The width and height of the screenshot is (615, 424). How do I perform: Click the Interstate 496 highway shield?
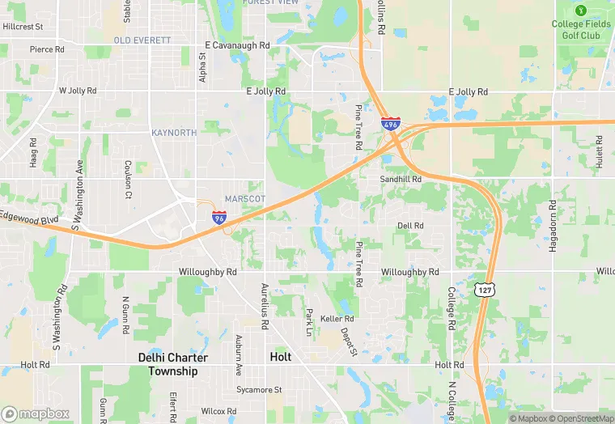click(x=390, y=124)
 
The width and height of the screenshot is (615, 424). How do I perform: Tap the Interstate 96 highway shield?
click(x=218, y=216)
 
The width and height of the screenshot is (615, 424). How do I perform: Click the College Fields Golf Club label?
click(x=581, y=30)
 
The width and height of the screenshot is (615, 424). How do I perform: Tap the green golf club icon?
click(x=580, y=10)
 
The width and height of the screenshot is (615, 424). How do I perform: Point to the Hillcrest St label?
click(x=23, y=27)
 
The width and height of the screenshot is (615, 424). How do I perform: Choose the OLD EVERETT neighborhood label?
click(x=142, y=40)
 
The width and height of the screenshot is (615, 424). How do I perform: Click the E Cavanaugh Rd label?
click(x=237, y=45)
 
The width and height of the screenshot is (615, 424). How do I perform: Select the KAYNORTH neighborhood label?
click(x=174, y=132)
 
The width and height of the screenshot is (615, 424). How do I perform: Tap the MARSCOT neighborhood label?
click(x=245, y=198)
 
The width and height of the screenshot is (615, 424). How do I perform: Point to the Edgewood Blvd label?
click(x=30, y=218)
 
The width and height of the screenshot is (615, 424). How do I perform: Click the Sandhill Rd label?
click(x=401, y=179)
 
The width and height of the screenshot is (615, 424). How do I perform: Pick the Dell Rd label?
click(x=410, y=226)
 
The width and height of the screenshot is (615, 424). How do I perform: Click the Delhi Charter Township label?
click(x=173, y=364)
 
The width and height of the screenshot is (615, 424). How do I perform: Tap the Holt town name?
click(x=280, y=357)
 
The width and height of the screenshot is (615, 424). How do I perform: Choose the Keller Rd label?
click(x=337, y=319)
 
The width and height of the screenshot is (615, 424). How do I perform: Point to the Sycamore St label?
click(x=260, y=389)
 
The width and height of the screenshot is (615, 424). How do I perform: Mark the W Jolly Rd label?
click(x=78, y=91)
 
